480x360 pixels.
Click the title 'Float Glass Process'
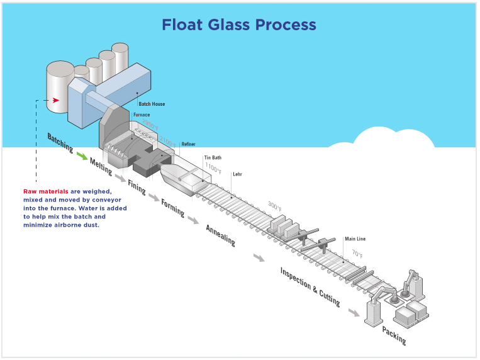(x=239, y=25)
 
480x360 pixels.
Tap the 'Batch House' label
(x=151, y=104)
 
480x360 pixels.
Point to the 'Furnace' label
(x=142, y=115)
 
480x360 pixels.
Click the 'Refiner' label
(x=189, y=144)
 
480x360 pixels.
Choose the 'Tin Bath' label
(x=212, y=157)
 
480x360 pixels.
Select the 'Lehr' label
(x=237, y=174)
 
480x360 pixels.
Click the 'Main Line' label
(x=355, y=239)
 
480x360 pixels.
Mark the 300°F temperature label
(x=275, y=206)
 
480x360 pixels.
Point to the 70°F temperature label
(x=357, y=254)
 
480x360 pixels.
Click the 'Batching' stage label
(x=60, y=143)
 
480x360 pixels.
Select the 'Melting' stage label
(x=101, y=166)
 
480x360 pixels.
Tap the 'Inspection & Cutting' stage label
(x=310, y=286)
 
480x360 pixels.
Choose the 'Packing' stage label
(x=394, y=335)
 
